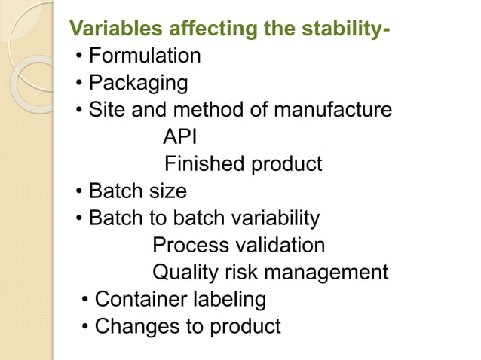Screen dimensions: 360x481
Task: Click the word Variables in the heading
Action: [x=115, y=29]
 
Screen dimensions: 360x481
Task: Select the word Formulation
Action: [x=145, y=56]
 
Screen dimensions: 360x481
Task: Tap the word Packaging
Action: [x=138, y=83]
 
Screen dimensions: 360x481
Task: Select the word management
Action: [x=332, y=273]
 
